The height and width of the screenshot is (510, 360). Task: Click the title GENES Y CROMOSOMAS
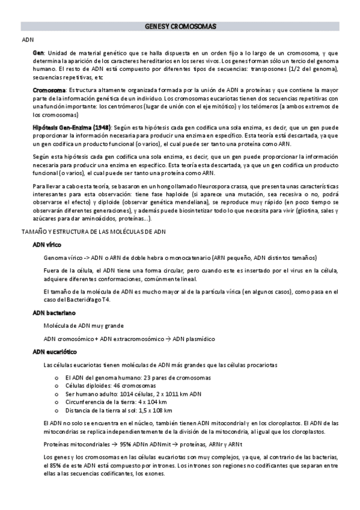181,27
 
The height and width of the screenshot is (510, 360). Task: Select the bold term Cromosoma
49,90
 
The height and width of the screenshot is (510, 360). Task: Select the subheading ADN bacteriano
54,313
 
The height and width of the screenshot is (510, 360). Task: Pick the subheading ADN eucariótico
55,351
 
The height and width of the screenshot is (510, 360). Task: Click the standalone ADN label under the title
28,40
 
